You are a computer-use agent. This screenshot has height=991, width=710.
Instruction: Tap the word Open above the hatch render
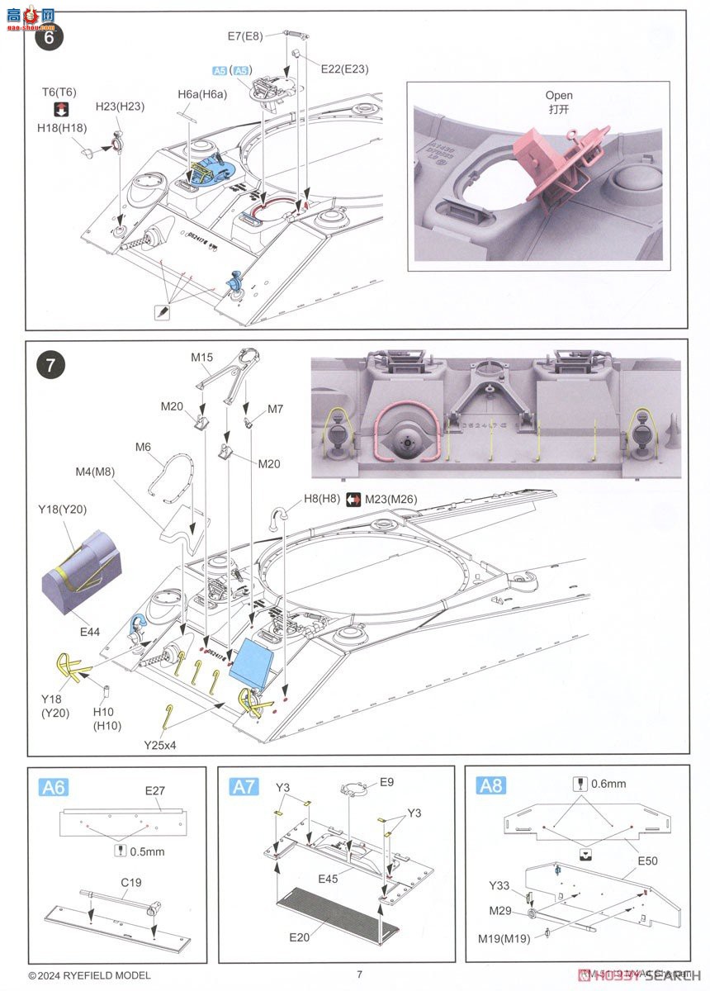(x=558, y=96)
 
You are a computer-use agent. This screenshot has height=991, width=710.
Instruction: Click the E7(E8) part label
(x=245, y=36)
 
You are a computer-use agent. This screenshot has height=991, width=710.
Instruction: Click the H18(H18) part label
(x=61, y=128)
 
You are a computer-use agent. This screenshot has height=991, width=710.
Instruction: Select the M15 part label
(x=202, y=357)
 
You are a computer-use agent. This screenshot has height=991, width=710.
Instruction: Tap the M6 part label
(x=144, y=447)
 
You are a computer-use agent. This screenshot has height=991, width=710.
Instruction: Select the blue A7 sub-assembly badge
(x=244, y=788)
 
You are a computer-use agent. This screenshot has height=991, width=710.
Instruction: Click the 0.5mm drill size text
(x=148, y=851)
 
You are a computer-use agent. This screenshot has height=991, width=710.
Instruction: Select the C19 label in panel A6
(x=131, y=882)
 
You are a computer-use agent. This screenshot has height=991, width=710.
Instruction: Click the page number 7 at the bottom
(x=359, y=974)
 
